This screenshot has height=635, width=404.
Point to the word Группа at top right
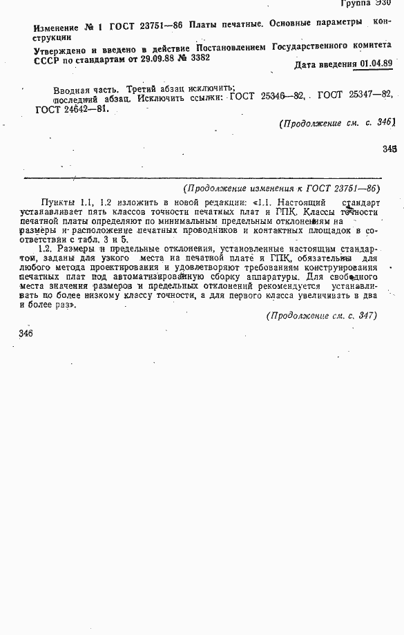point(350,3)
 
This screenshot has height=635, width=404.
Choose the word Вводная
point(71,89)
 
